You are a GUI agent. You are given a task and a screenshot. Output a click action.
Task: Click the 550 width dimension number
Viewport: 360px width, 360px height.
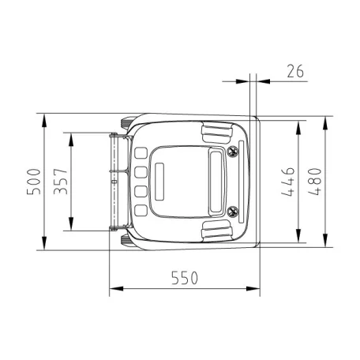click(183, 278)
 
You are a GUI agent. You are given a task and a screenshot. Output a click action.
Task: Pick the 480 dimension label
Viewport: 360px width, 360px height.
click(315, 182)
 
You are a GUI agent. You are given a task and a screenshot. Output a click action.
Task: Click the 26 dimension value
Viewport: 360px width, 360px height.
click(295, 72)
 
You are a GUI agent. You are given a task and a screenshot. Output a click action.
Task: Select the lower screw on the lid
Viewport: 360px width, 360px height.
click(232, 211)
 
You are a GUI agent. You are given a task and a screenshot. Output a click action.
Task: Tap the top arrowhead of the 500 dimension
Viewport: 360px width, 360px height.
click(44, 121)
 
